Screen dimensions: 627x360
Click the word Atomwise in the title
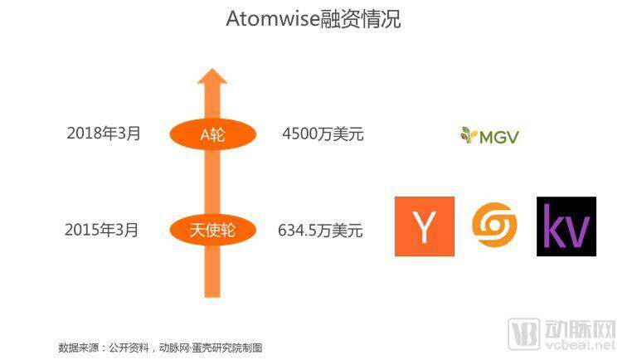[x=273, y=19]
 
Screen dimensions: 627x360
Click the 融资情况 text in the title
[x=360, y=19]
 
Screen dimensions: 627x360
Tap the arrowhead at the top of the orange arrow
[x=212, y=76]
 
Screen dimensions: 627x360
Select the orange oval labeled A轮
[x=212, y=134]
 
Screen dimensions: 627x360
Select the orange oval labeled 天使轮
[x=212, y=230]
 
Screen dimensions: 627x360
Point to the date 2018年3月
[x=104, y=134]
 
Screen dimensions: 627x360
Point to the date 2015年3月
[x=101, y=230]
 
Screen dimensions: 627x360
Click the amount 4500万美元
[x=323, y=134]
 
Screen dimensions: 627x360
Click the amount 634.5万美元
[x=320, y=231]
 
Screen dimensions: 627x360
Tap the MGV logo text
[x=498, y=137]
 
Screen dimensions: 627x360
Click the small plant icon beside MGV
[x=469, y=135]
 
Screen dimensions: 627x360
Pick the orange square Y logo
[x=425, y=226]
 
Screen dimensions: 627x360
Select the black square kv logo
[x=566, y=226]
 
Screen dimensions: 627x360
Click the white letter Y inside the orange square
[x=425, y=226]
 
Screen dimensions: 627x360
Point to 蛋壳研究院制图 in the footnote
[x=227, y=348]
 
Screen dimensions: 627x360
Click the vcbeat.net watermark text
[x=581, y=344]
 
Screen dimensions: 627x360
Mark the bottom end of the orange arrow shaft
[x=212, y=297]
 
